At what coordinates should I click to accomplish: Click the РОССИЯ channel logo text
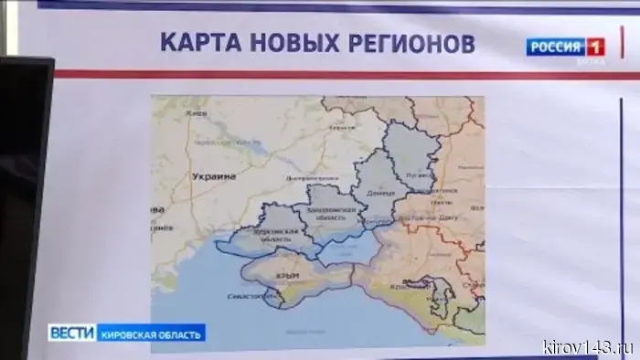(555, 47)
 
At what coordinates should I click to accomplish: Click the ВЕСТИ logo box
(72, 333)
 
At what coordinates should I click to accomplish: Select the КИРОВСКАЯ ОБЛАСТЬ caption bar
(151, 333)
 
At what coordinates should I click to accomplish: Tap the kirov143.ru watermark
(588, 346)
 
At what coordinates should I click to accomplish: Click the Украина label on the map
(214, 175)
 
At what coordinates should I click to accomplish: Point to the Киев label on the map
(193, 112)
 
